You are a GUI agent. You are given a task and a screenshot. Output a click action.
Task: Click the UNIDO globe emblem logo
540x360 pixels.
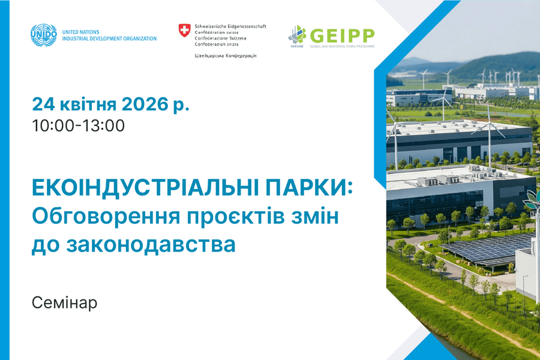tap(44, 35)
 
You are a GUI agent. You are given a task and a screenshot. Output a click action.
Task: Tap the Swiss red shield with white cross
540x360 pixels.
tap(184, 30)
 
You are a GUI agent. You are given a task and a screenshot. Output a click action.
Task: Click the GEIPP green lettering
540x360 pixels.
tap(341, 34)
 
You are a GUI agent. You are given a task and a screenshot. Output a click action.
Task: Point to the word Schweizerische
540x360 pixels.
tap(212, 26)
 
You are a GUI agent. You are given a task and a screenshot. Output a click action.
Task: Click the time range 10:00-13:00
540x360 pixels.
tap(79, 126)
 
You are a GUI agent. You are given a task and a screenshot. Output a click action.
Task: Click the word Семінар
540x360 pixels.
tap(64, 302)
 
